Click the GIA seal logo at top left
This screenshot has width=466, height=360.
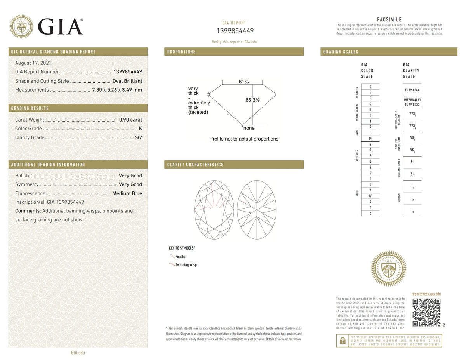coord(21,26)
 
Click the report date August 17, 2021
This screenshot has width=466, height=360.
coord(33,63)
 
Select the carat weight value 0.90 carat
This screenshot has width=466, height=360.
coord(130,120)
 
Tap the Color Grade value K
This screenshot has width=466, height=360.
coord(140,129)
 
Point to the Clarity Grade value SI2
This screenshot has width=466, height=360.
coord(138,137)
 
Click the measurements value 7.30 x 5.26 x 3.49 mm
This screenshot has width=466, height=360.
coord(117,90)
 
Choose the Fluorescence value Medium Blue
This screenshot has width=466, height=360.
coord(127,193)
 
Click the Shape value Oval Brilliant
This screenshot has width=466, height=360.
coord(127,81)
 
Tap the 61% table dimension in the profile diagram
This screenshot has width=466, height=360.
coord(243,82)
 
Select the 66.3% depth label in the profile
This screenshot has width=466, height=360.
coord(252,100)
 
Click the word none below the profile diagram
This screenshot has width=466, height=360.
coord(249,128)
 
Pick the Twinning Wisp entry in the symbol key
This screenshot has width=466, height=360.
coord(186,265)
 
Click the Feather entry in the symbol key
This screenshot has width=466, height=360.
coord(181,257)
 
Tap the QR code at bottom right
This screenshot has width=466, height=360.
coord(426,313)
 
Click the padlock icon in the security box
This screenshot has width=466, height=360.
coord(343,341)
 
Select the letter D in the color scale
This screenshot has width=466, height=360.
coord(370,87)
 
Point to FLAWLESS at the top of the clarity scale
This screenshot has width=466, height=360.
coord(412,90)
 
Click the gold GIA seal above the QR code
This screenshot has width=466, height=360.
coord(388,269)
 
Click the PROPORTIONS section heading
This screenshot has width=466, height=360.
coord(181,52)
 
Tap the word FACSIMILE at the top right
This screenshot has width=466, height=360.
coord(389,20)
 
